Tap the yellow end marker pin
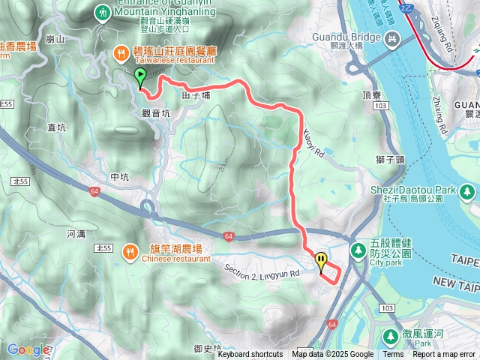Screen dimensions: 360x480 point(322,262)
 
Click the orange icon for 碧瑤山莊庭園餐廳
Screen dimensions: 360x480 point(120,52)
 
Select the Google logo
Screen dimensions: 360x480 point(27,349)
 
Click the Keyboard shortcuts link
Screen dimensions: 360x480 point(250,355)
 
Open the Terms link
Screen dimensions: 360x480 point(393,355)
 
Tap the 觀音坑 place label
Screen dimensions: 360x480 point(156,112)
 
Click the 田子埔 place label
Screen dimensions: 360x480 point(195,97)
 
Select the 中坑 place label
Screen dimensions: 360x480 point(120,177)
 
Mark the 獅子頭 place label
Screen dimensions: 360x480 point(390,159)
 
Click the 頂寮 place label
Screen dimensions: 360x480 point(372,96)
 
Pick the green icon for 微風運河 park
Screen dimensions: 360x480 point(391,336)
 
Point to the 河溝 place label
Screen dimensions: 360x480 point(76,234)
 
